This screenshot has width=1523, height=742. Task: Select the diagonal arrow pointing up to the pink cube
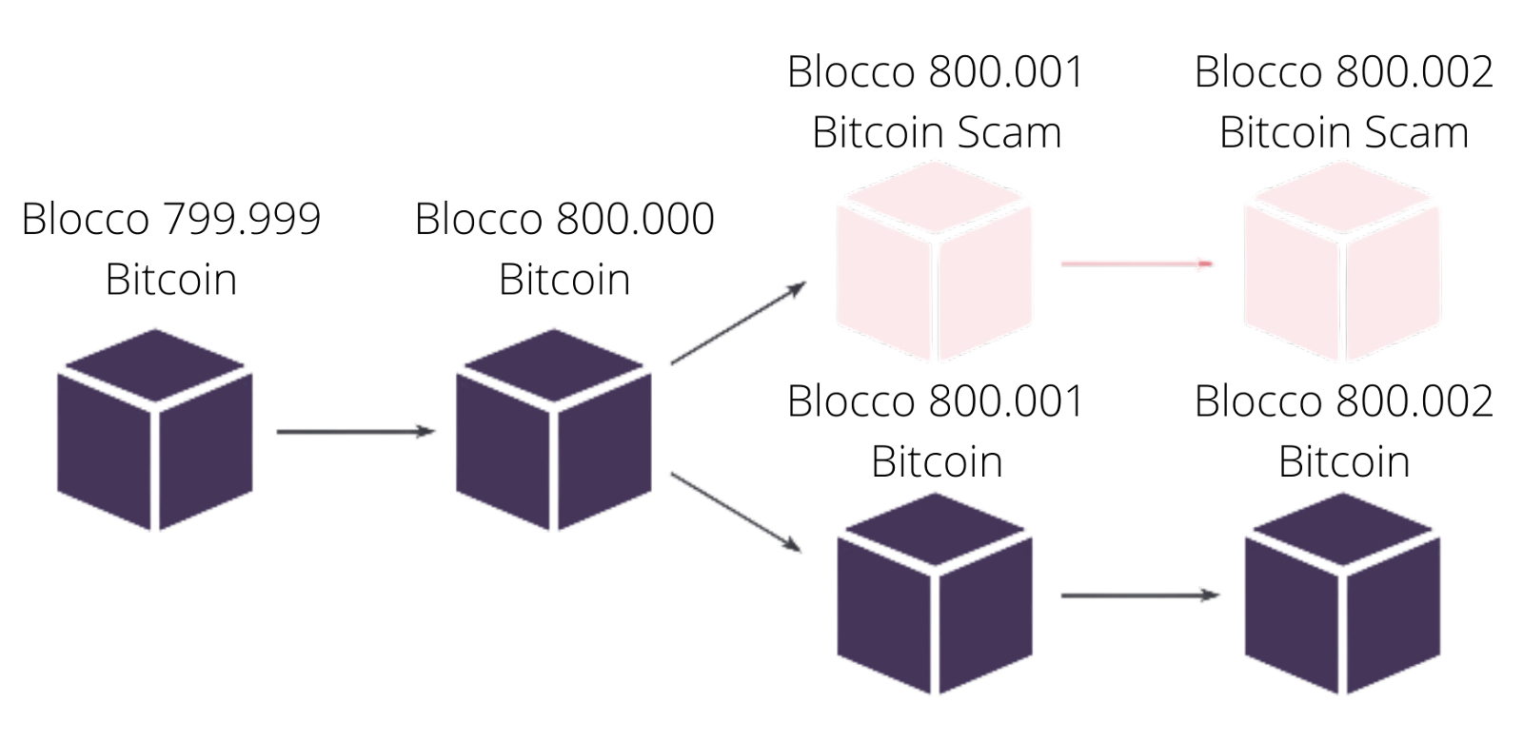(x=738, y=322)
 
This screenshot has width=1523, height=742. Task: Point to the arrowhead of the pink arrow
(x=1209, y=263)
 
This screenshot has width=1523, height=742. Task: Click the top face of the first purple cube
(x=155, y=366)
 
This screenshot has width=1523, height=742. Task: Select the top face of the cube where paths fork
(x=553, y=366)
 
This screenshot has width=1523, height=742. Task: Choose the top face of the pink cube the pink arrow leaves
(x=935, y=198)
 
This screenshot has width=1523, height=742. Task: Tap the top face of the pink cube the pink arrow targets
(x=1342, y=198)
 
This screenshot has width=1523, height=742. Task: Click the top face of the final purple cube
(x=1342, y=530)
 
